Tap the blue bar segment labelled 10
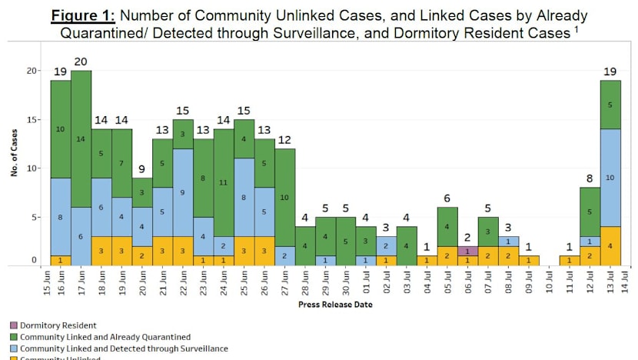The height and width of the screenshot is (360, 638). pyautogui.click(x=610, y=178)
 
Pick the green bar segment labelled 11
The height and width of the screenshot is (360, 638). pyautogui.click(x=223, y=183)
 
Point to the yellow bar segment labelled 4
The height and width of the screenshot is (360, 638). pyautogui.click(x=610, y=245)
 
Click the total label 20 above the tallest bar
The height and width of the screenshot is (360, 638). pyautogui.click(x=81, y=62)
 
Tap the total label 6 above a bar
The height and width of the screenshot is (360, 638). pyautogui.click(x=447, y=198)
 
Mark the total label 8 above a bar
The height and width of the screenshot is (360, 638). pyautogui.click(x=590, y=178)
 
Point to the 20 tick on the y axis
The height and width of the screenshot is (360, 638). pyautogui.click(x=31, y=71)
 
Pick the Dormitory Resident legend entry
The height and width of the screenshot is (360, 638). pyautogui.click(x=55, y=325)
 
